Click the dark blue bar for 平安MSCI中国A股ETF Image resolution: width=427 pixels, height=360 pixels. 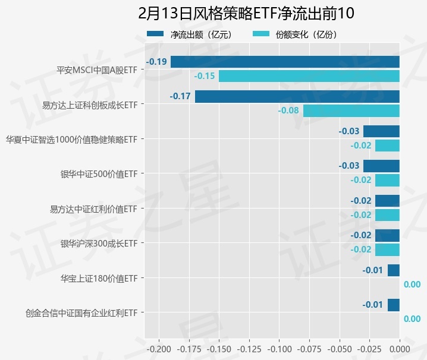coord(285,62)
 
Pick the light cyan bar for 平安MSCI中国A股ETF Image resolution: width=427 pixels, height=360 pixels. coord(309,76)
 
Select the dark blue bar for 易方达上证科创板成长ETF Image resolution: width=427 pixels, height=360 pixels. coord(297,96)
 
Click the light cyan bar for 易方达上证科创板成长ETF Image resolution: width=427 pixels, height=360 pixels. coord(351,110)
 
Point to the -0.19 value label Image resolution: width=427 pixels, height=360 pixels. coord(158,62)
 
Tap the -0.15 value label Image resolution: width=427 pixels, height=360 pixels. coord(205,76)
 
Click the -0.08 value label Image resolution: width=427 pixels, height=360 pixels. coord(289,110)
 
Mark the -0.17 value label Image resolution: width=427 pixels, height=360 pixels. coord(180,96)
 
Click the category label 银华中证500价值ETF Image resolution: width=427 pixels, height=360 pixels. coord(99,174)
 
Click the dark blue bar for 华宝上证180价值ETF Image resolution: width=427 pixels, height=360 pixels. coord(393,271)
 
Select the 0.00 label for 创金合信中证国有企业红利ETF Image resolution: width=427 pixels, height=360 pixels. coord(412,319)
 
